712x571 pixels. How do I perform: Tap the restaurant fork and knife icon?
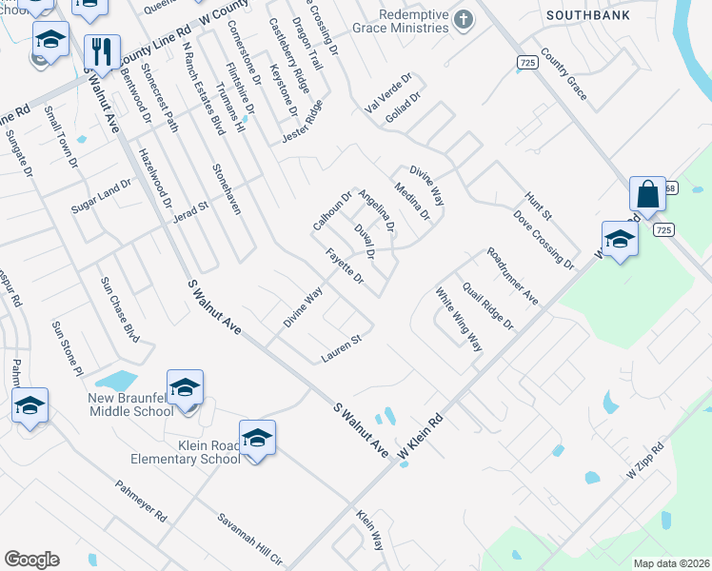(100, 51)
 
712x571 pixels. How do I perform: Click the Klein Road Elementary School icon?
(256, 437)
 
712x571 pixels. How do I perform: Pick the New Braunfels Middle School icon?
(185, 386)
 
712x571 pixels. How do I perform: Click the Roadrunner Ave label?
(512, 276)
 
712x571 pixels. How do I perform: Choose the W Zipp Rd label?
(644, 460)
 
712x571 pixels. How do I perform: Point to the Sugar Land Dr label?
(100, 196)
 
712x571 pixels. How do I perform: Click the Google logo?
(31, 560)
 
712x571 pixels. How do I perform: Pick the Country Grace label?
(564, 69)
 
